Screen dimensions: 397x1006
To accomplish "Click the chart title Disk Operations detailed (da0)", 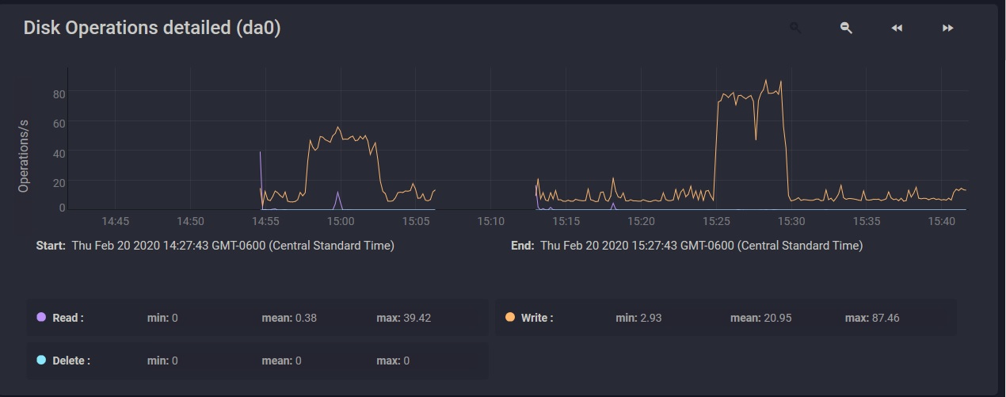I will point(151,28).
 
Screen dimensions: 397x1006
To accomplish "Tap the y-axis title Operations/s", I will point(24,156).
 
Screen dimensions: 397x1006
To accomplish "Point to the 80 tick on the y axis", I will point(59,94).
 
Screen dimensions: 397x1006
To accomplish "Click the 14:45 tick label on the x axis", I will point(115,221).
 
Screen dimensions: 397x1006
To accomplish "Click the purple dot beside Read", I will point(41,317).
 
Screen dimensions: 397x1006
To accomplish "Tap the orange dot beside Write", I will point(509,317).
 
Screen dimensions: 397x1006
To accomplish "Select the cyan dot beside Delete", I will point(41,361).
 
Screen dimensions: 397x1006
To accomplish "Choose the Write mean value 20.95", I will point(772,318).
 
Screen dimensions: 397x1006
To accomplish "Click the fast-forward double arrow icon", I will point(947,29).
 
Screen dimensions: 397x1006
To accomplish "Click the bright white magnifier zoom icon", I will point(846,29).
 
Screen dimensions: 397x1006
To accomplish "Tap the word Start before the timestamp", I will point(51,246).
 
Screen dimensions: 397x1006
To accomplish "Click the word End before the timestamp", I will point(522,246).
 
